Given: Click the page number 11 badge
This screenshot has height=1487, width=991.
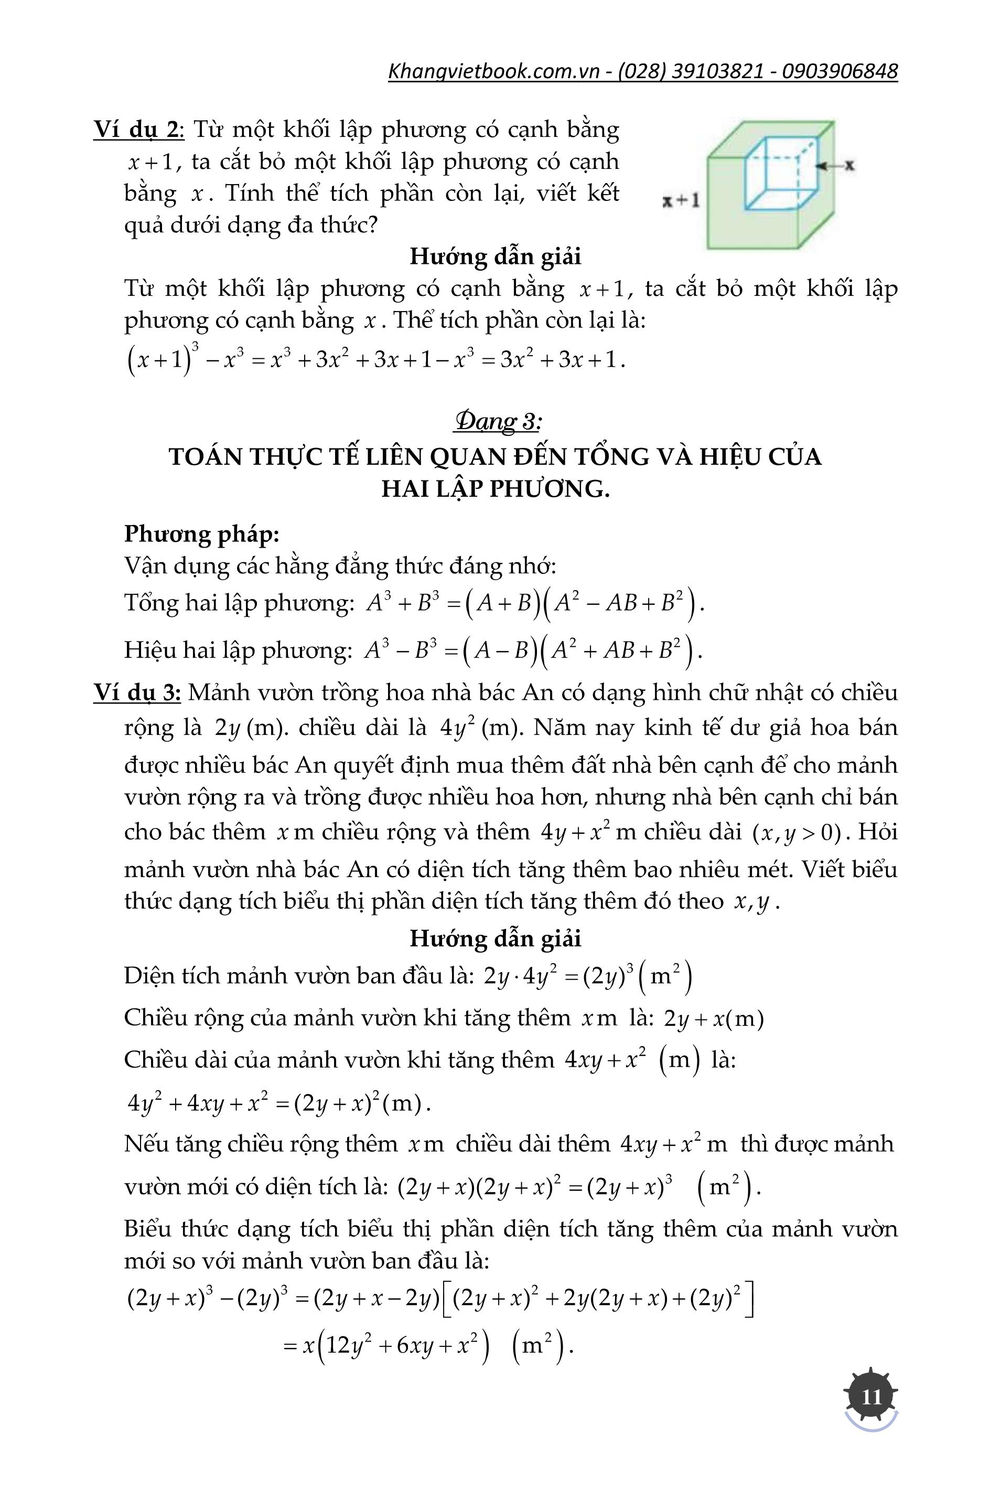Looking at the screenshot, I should coord(871,1395).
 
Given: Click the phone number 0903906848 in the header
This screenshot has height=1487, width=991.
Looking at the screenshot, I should coord(840,71).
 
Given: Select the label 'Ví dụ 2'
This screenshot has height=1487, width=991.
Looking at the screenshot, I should coord(137,130).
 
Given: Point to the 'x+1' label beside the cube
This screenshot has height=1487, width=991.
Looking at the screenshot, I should coord(681,201).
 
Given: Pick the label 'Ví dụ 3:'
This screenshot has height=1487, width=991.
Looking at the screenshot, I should coord(137,693).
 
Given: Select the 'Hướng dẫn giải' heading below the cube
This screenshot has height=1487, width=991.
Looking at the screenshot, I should coord(495,256).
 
